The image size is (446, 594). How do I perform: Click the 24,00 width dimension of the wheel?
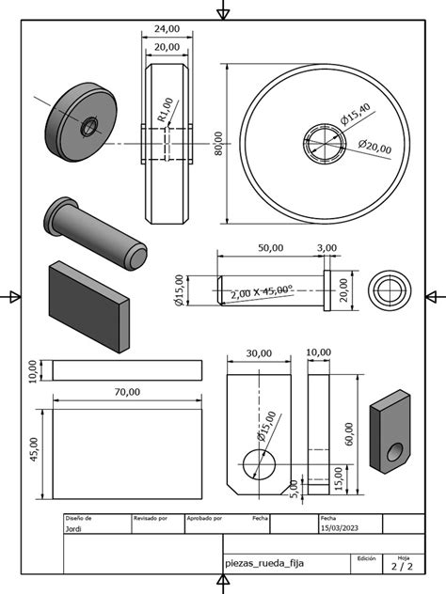[167, 28]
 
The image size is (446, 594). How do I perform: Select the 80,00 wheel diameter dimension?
[218, 145]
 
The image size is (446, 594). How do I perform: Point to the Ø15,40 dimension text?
[356, 115]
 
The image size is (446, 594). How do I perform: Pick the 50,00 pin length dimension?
[270, 248]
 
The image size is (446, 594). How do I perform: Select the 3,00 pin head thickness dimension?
[327, 248]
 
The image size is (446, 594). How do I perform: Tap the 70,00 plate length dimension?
[127, 392]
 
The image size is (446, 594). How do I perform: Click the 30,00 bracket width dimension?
[259, 353]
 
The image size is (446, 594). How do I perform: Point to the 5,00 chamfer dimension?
[294, 487]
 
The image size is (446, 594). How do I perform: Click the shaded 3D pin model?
[94, 231]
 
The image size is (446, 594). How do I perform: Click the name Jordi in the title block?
[73, 529]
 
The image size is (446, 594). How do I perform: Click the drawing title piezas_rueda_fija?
[264, 562]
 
